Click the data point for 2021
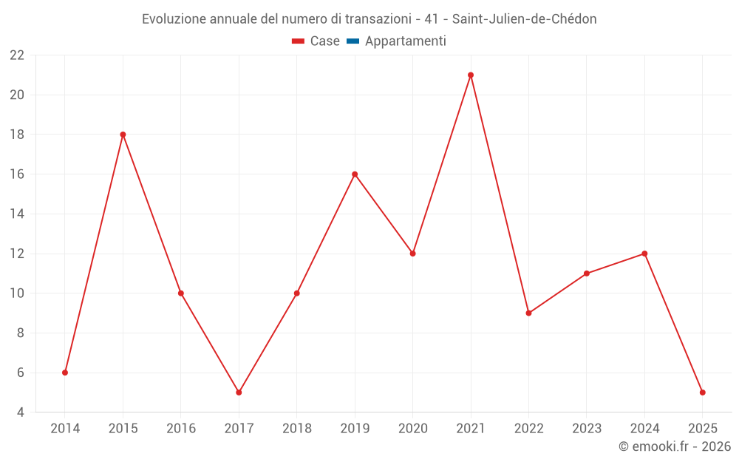tap(471, 75)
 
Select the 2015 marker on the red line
tap(123, 135)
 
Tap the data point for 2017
tap(239, 393)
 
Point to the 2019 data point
tap(355, 174)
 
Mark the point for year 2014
tap(65, 373)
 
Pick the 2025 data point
tap(703, 393)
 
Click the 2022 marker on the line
tap(528, 313)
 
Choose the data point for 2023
tap(587, 274)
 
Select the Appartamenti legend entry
tap(405, 41)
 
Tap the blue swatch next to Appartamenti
tap(353, 41)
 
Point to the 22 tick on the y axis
tap(17, 55)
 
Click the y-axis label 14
tap(17, 214)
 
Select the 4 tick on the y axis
tap(21, 412)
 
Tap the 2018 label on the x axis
tap(297, 429)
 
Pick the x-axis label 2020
tap(413, 429)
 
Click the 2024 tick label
tap(644, 429)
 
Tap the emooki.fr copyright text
tap(675, 446)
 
